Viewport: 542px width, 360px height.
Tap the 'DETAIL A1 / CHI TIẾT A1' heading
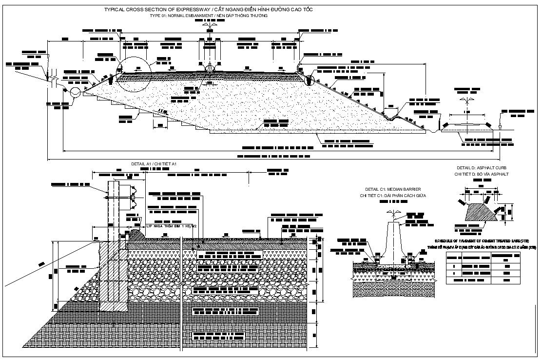pos(154,163)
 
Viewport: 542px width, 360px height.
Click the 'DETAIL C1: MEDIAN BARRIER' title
pos(393,189)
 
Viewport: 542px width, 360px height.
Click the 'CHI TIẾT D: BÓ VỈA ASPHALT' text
pos(482,174)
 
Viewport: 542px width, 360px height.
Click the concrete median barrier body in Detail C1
pos(393,239)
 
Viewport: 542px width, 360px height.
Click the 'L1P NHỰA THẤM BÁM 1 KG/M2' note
pos(172,226)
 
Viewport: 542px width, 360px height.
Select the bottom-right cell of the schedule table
pos(505,280)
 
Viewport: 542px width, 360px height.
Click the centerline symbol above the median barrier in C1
pos(393,213)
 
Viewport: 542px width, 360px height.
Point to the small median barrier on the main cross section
pos(210,67)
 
